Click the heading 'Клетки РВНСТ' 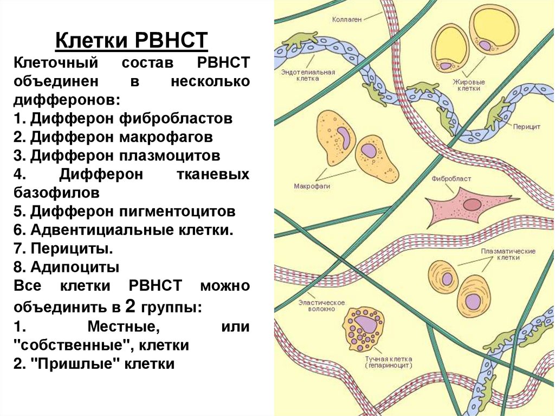pos(132,41)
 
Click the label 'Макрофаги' pos(312,186)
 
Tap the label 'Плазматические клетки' pos(508,254)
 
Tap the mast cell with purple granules pos(364,328)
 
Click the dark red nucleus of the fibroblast pos(472,204)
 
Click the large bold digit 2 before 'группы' pos(130,306)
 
